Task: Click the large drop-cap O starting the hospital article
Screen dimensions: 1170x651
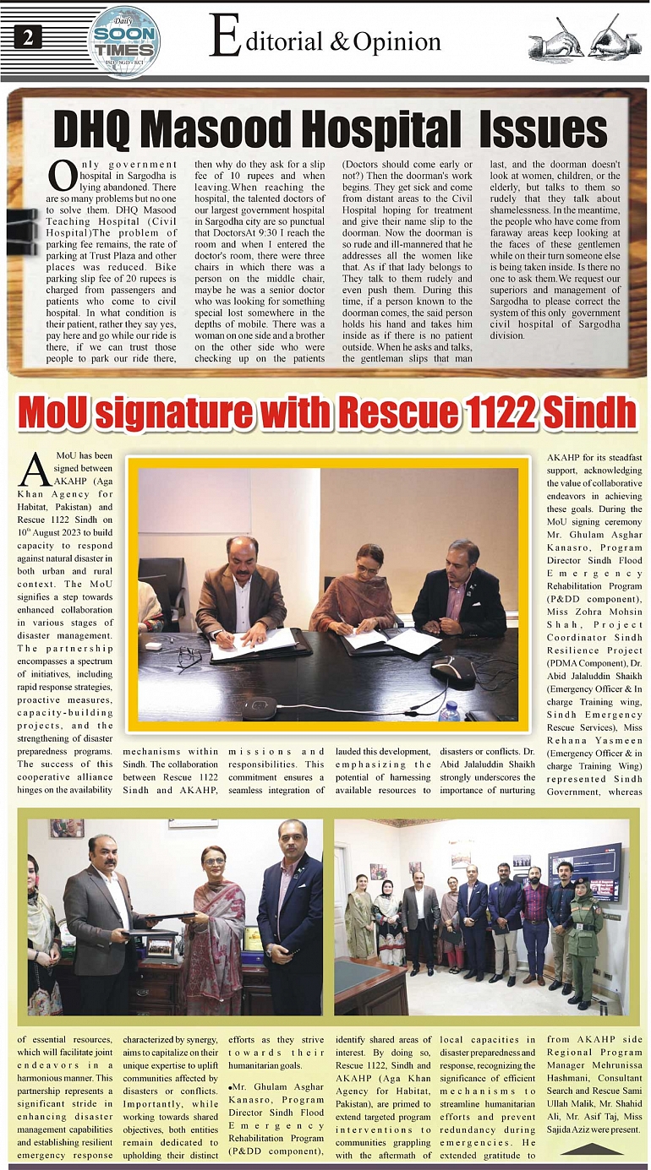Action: (61, 175)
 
